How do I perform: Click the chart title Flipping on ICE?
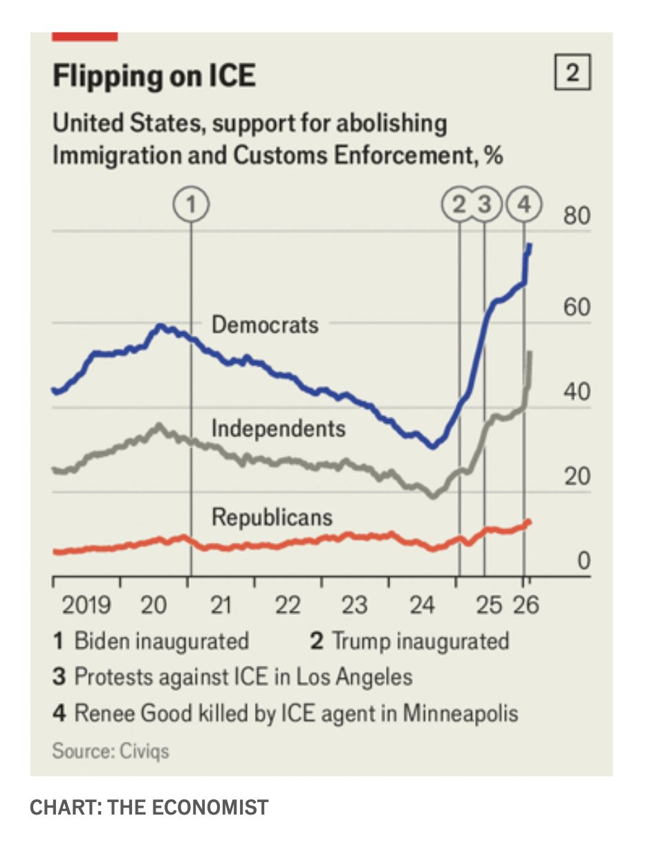coord(154,75)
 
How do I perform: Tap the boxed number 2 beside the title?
coord(573,74)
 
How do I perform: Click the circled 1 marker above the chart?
coord(191,204)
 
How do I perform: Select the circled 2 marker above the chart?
coord(459,204)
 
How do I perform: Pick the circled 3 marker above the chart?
coord(485,204)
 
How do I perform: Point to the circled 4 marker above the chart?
coord(524,204)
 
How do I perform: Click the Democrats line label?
coord(265,324)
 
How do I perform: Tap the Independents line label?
coord(278,428)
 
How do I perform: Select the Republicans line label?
coord(272,517)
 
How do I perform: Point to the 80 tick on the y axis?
coord(577,216)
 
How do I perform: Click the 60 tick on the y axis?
coord(577,306)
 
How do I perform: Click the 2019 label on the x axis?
coord(86,605)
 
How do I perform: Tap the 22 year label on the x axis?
coord(287,605)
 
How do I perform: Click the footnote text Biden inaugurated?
coord(161,640)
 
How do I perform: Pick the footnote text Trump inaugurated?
coord(420,640)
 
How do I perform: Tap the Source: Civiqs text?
coord(111,750)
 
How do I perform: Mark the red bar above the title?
coord(85,36)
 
